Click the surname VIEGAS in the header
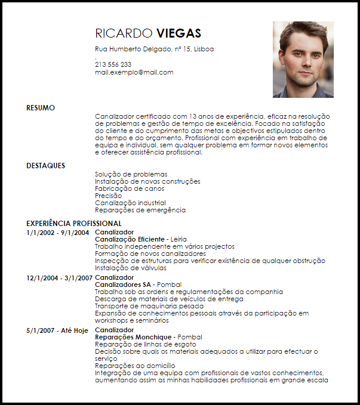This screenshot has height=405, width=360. [179, 33]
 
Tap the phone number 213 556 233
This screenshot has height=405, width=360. [113, 64]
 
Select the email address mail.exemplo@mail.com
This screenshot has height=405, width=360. [134, 72]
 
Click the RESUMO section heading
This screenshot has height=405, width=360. [41, 108]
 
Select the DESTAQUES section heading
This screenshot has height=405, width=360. [46, 166]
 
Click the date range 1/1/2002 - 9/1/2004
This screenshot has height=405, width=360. [58, 232]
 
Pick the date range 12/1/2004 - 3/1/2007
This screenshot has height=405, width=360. [59, 277]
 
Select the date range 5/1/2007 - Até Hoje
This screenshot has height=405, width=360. [58, 330]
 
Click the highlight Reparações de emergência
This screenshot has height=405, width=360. [140, 210]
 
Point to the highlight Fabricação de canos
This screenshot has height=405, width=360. [130, 188]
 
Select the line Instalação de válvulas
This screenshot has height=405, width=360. [130, 268]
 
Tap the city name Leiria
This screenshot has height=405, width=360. [179, 239]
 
